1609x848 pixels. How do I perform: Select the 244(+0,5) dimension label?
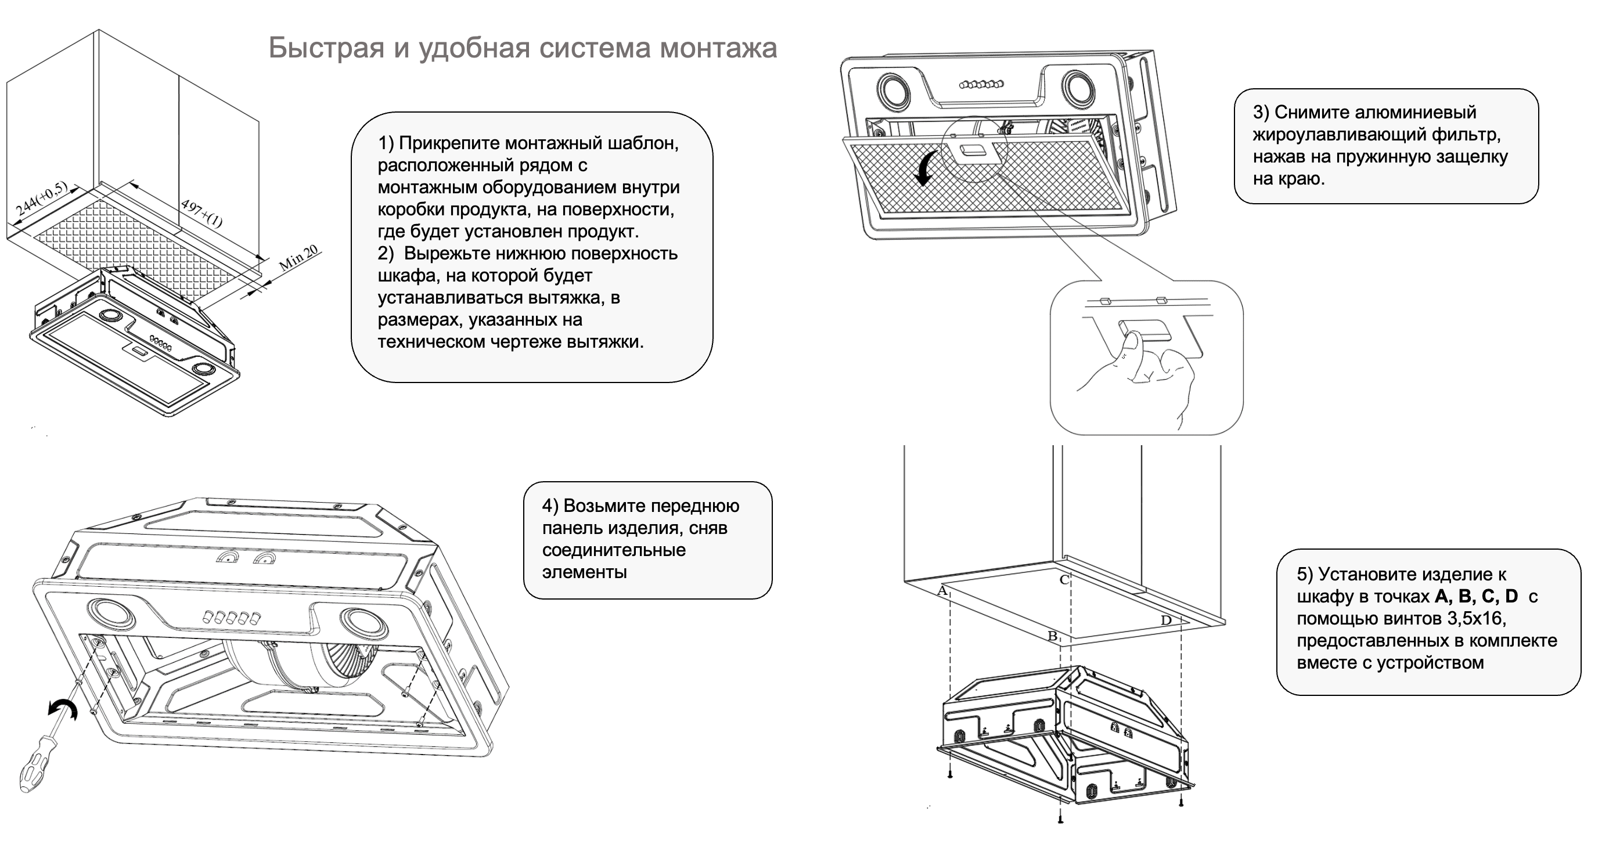(x=41, y=199)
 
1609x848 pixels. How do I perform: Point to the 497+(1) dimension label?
(x=201, y=213)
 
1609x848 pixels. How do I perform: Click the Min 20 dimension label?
(x=298, y=257)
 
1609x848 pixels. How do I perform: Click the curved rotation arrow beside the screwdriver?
(x=63, y=709)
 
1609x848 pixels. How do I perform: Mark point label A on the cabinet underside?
(x=942, y=590)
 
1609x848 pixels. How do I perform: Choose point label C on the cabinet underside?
(x=1064, y=580)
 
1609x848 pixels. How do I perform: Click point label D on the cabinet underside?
(x=1165, y=620)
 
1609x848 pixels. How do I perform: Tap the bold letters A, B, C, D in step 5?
(x=1476, y=596)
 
